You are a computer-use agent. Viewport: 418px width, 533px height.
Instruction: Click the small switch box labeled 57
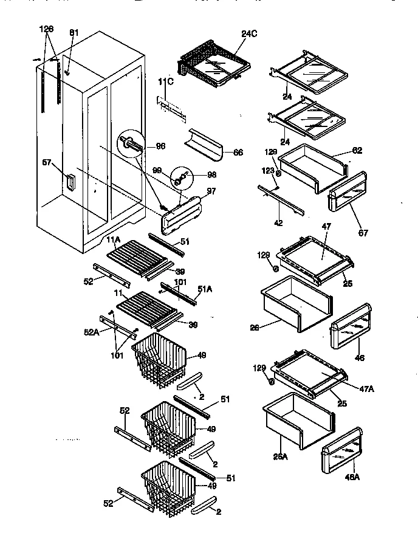point(70,181)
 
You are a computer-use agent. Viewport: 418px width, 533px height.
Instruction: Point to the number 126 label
point(47,29)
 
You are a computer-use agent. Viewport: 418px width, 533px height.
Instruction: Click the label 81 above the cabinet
point(74,32)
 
